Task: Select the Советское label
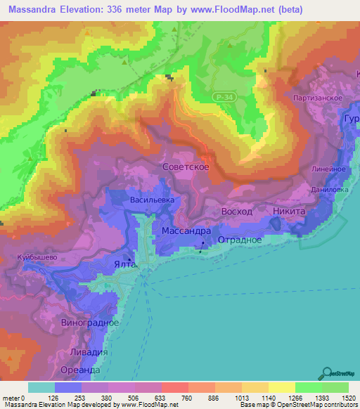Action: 184,169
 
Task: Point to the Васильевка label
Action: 152,200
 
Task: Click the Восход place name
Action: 236,212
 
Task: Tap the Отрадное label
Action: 239,240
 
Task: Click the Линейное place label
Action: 327,169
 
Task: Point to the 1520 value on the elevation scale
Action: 347,398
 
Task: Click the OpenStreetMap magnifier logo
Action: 325,373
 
